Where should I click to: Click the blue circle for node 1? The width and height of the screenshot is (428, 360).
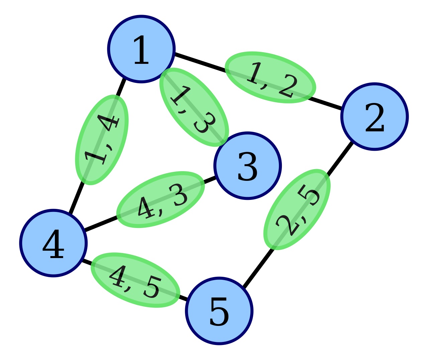click(x=141, y=49)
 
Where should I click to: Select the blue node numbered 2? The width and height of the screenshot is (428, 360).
click(x=374, y=116)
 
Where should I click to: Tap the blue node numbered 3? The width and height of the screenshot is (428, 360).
click(x=247, y=166)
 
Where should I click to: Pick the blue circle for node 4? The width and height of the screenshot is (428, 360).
click(x=53, y=243)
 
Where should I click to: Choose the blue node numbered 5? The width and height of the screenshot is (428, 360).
click(x=219, y=311)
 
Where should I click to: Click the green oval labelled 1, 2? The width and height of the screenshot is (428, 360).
click(x=270, y=77)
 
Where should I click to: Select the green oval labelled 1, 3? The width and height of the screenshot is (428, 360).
click(x=194, y=107)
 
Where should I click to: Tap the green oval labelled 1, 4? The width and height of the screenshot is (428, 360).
click(x=101, y=139)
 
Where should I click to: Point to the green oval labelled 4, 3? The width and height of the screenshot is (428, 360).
click(x=160, y=200)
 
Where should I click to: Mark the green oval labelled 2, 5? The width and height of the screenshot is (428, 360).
click(x=297, y=209)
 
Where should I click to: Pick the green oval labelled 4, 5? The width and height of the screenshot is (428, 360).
click(x=135, y=280)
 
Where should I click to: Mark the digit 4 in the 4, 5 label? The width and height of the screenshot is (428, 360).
click(x=119, y=276)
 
